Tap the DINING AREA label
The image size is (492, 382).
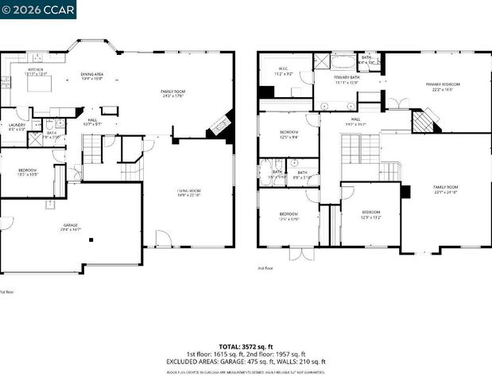92,76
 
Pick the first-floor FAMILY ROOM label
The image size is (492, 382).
173,93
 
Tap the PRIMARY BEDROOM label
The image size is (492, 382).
444,86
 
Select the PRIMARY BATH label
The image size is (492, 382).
347,80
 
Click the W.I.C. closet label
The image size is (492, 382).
284,71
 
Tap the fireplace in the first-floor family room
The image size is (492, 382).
219,126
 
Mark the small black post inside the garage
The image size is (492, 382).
91,239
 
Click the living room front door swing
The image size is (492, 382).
162,238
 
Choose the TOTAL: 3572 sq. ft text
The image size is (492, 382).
246,347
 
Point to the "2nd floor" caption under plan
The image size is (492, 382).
266,269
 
